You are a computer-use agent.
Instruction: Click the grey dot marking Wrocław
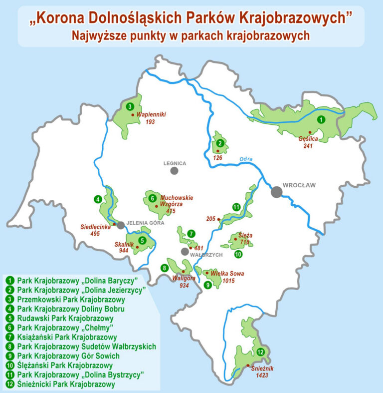point(276,192)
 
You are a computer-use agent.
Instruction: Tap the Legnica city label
point(175,163)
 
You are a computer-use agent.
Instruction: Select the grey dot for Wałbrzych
point(185,251)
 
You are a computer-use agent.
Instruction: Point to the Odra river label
point(246,159)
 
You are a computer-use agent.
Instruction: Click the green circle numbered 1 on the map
point(322,119)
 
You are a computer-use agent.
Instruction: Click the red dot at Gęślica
point(310,132)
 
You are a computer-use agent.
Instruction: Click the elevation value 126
point(217,158)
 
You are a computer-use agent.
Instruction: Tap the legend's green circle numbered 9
point(10,356)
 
